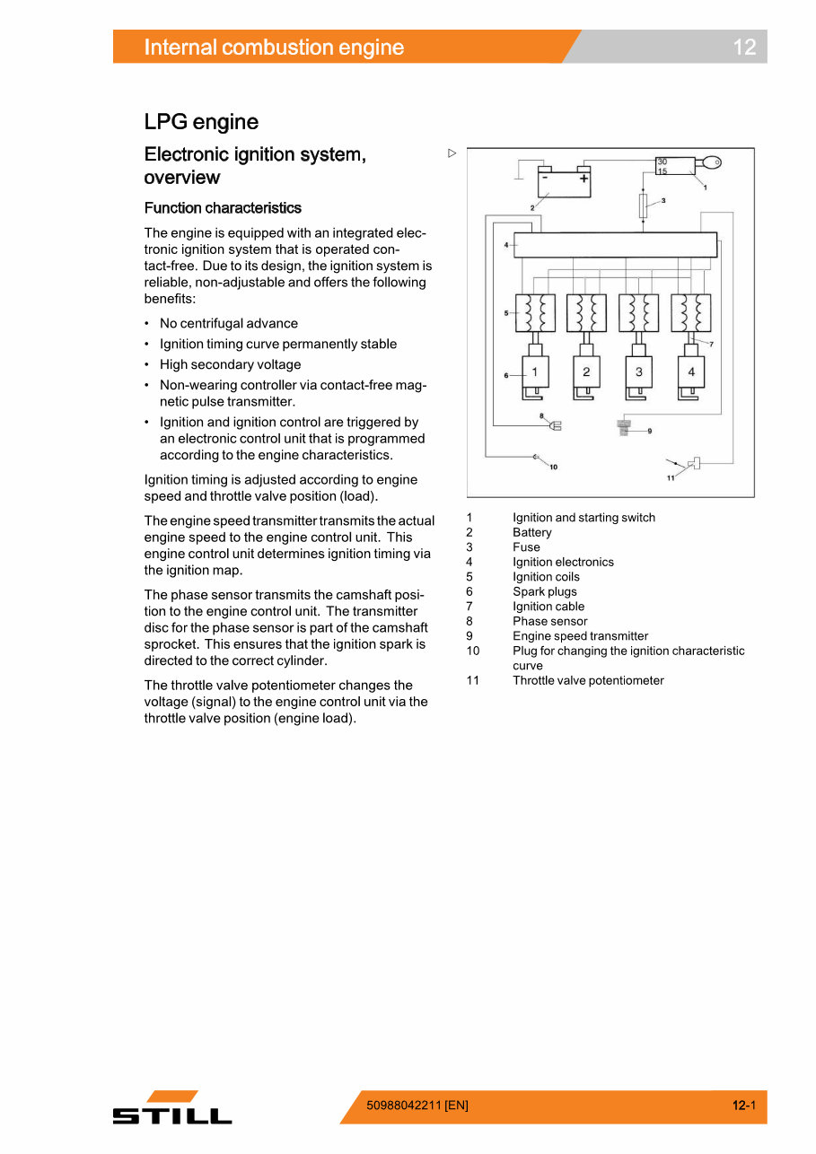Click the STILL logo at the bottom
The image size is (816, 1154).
[x=172, y=1109]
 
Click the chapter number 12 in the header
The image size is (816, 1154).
[x=744, y=48]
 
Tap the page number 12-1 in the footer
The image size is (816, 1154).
[x=743, y=1106]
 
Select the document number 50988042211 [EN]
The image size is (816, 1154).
[x=417, y=1106]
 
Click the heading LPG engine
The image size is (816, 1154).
[x=201, y=122]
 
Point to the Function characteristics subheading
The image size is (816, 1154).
[x=223, y=208]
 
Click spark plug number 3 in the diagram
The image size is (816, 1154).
[x=638, y=372]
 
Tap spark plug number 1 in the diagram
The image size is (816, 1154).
[x=535, y=372]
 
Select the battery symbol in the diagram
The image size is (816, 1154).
[x=565, y=182]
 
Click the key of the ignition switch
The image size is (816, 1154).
[x=712, y=163]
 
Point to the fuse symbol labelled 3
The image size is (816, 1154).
[x=643, y=205]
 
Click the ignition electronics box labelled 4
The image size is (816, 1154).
[x=615, y=245]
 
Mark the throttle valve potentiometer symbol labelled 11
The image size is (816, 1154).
[x=694, y=464]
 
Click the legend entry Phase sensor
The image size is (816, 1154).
[x=549, y=621]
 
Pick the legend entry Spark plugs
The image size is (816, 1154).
[x=544, y=591]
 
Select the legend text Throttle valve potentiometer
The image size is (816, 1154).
[x=588, y=680]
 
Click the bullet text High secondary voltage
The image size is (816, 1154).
[x=230, y=364]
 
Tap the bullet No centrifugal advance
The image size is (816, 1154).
[x=228, y=323]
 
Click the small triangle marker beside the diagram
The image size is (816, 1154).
[x=452, y=153]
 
